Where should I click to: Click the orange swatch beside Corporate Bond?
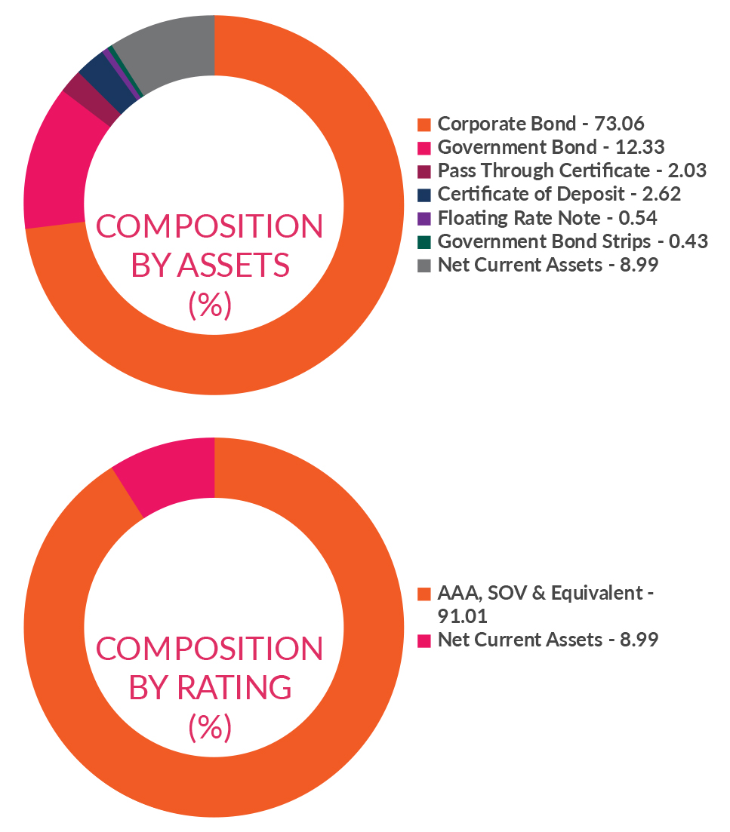(424, 124)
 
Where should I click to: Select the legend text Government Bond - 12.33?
(550, 147)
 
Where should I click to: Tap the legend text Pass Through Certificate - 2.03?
(571, 170)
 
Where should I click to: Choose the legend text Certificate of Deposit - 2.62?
(559, 194)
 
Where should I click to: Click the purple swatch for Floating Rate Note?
(424, 218)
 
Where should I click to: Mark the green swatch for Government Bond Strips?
(424, 241)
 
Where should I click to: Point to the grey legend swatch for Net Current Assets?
(424, 265)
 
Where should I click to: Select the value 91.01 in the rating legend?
(458, 616)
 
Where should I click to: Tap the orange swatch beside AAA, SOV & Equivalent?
(424, 593)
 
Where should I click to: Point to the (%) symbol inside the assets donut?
(209, 305)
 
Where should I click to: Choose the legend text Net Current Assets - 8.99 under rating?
(547, 640)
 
